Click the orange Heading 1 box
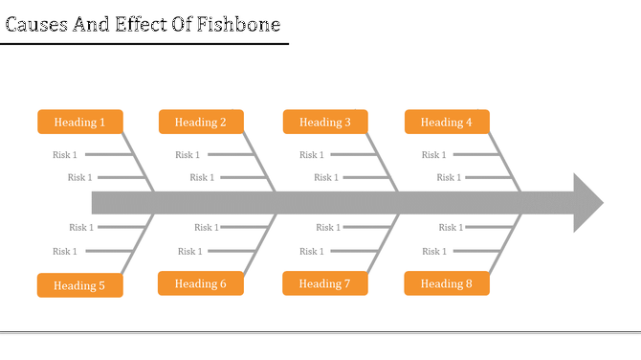coord(79,122)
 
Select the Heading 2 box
coord(201,122)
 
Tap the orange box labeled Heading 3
coord(325,122)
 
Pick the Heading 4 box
coord(447,122)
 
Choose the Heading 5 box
coord(79,285)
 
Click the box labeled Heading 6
coord(201,283)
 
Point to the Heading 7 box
coord(325,283)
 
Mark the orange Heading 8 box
coord(447,283)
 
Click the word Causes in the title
coord(38,24)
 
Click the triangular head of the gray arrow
coord(586,202)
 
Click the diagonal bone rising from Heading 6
coord(260,245)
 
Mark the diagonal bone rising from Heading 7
coord(383,245)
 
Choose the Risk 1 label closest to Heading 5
coord(65,252)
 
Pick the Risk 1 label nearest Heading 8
coord(434,252)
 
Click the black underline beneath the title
coord(144,44)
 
